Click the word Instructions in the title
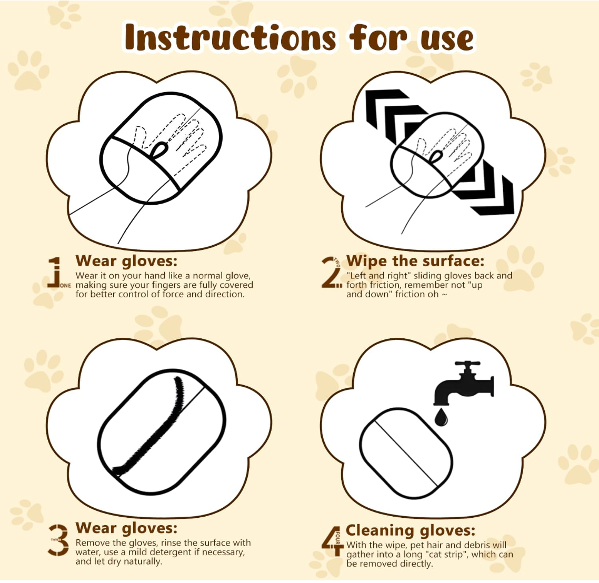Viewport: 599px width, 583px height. pyautogui.click(x=230, y=38)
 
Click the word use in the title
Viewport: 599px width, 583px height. pyautogui.click(x=447, y=39)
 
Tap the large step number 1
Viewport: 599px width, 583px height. pyautogui.click(x=55, y=272)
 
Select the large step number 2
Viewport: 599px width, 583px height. pyautogui.click(x=330, y=272)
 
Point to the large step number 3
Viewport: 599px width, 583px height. pyautogui.click(x=58, y=540)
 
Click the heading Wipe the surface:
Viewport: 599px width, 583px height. pyautogui.click(x=415, y=261)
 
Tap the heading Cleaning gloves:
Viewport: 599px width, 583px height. pyautogui.click(x=410, y=530)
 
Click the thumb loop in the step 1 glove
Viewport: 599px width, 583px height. pyautogui.click(x=158, y=150)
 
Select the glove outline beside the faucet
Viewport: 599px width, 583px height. pyautogui.click(x=405, y=453)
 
